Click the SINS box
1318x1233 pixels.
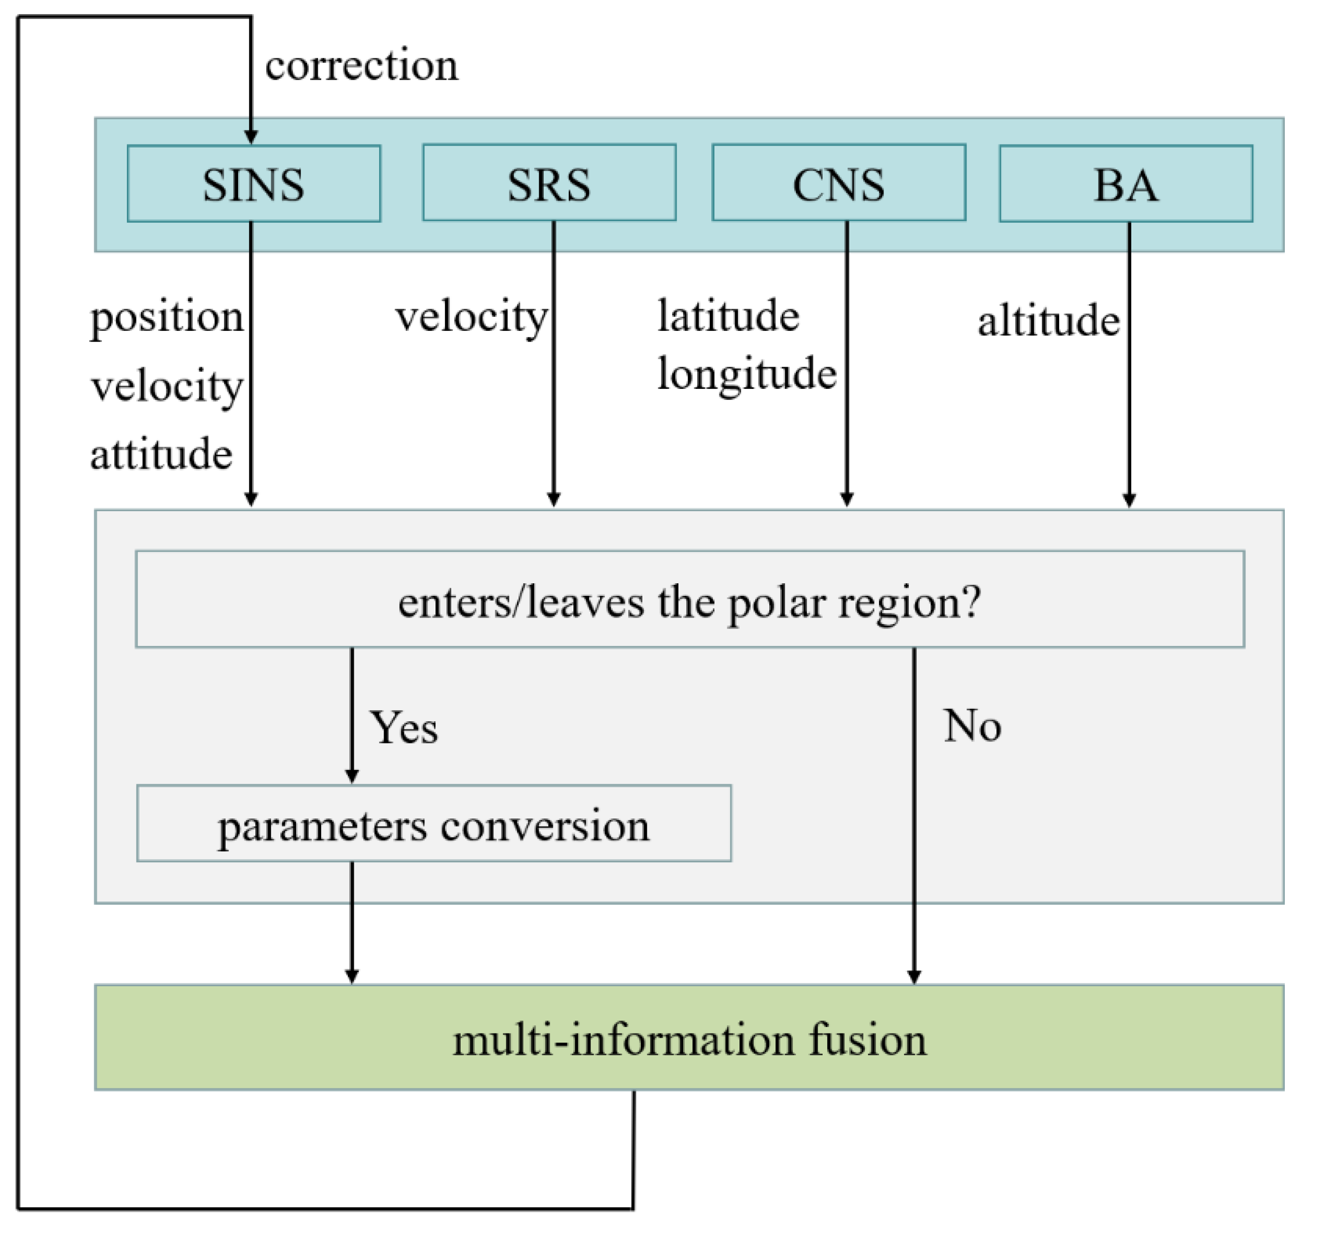pyautogui.click(x=254, y=184)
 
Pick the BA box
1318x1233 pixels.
pyautogui.click(x=1126, y=184)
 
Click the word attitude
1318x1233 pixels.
pyautogui.click(x=161, y=454)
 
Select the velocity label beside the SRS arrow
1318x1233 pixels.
pyautogui.click(x=471, y=317)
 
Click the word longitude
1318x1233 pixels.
pyautogui.click(x=747, y=374)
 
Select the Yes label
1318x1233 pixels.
pyautogui.click(x=404, y=728)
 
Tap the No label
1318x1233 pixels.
pyautogui.click(x=972, y=726)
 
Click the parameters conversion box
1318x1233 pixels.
pyautogui.click(x=433, y=824)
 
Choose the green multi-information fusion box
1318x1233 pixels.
pyautogui.click(x=690, y=1039)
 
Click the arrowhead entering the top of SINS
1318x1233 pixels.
pyautogui.click(x=251, y=136)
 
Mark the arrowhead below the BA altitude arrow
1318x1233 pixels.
pyautogui.click(x=1129, y=500)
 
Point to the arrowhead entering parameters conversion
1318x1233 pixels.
pyautogui.click(x=352, y=776)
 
